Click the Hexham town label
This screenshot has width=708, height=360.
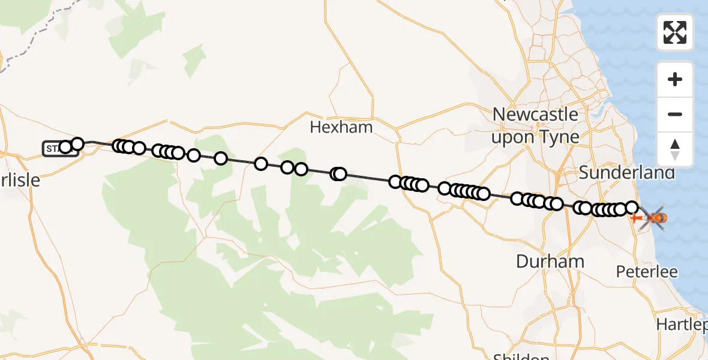[x=341, y=127]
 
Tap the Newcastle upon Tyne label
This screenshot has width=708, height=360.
[x=535, y=125]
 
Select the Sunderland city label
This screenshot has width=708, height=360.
[x=627, y=173]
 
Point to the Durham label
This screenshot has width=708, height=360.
[x=550, y=261]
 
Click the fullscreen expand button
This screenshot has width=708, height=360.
[x=675, y=32]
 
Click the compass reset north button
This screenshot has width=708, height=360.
[x=675, y=149]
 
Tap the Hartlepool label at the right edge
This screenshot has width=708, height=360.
[x=683, y=325]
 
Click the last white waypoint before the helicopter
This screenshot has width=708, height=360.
[x=632, y=208]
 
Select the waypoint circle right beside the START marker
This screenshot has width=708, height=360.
[x=65, y=147]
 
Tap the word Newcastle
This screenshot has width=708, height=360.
[x=535, y=114]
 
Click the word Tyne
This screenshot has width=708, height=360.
[x=559, y=137]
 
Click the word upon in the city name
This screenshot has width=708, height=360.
[x=512, y=137]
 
